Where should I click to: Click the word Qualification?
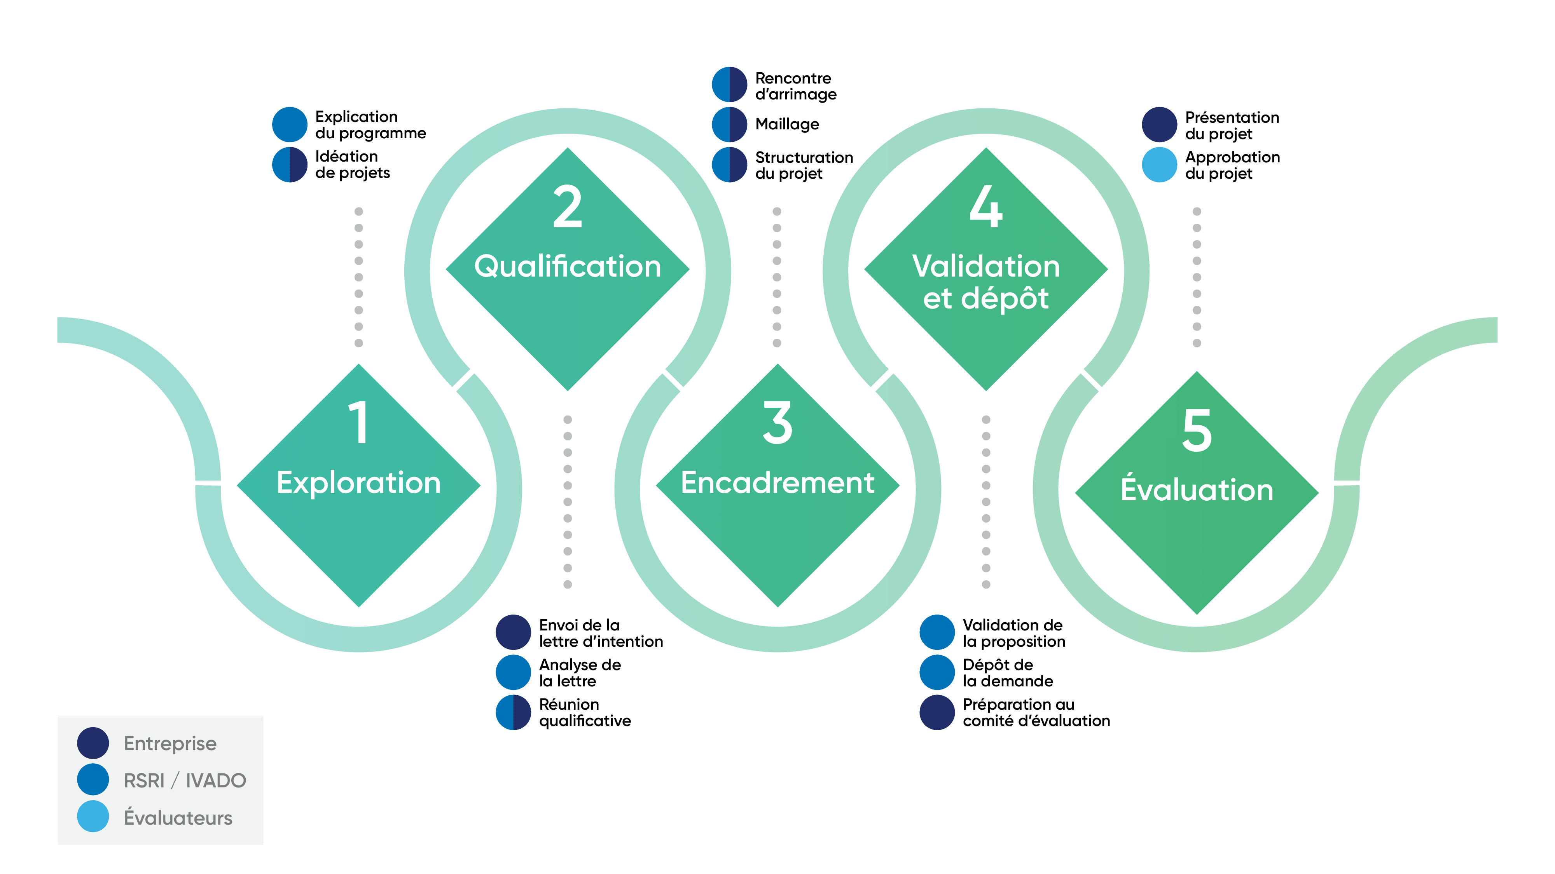(x=568, y=266)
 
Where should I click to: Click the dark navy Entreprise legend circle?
(x=93, y=742)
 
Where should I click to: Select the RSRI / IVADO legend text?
(x=185, y=780)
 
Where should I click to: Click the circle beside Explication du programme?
(x=290, y=124)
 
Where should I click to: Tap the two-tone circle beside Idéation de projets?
(x=290, y=164)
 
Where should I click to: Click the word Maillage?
(x=787, y=124)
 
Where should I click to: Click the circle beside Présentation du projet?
(x=1159, y=124)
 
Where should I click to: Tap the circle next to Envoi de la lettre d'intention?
(x=513, y=632)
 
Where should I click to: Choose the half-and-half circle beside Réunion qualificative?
(x=513, y=712)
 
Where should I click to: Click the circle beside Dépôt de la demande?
(x=937, y=672)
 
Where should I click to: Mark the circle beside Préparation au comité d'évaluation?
(x=937, y=712)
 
